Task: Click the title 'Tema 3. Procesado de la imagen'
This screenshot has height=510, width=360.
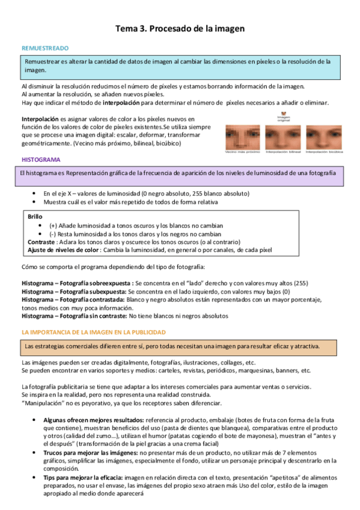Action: (x=180, y=28)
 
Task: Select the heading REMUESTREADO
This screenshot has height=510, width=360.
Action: (x=45, y=48)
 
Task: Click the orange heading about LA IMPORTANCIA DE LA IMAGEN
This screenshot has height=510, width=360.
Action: (x=93, y=332)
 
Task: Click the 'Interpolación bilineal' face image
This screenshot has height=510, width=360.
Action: (x=282, y=137)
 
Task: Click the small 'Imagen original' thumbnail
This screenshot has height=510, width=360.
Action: (x=283, y=114)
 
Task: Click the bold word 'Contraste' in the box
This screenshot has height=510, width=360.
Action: (x=41, y=241)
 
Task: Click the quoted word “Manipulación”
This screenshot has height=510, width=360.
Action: (x=41, y=403)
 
